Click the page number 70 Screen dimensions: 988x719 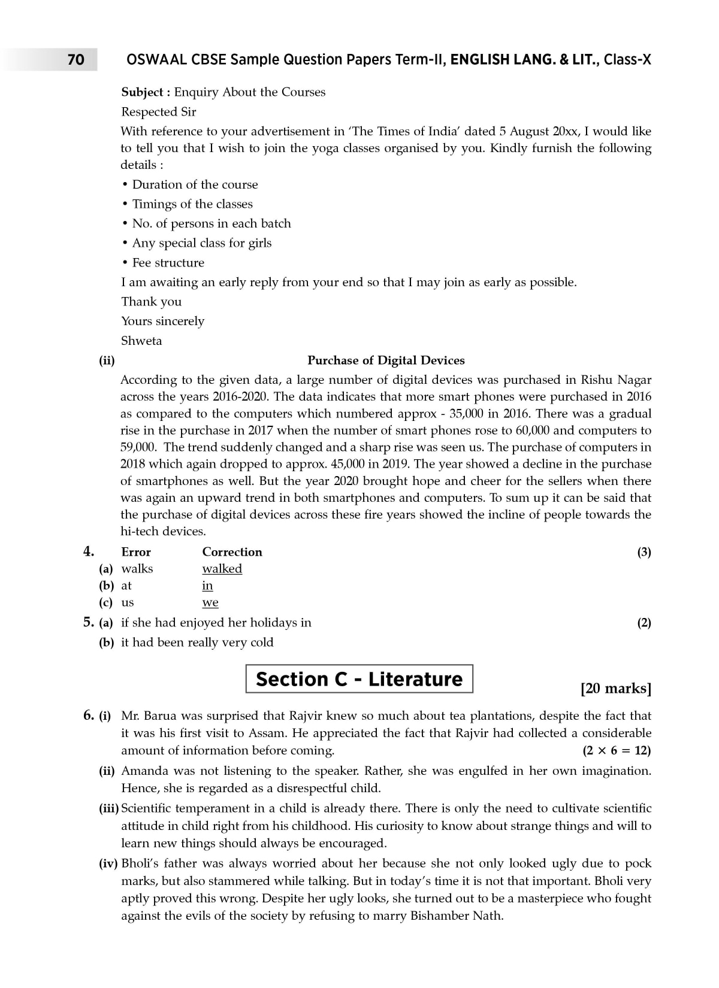pos(76,60)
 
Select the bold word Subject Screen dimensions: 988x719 pos(142,92)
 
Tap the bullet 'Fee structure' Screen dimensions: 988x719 pos(168,263)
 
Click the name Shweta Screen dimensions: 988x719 pos(141,341)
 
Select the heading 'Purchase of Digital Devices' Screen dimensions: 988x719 pos(386,360)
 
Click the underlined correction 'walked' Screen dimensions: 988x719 pos(222,569)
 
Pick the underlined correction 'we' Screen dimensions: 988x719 pos(210,602)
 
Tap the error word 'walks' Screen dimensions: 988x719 pos(137,569)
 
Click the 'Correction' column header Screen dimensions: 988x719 pos(232,552)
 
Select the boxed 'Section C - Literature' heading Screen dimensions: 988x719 pos(359,679)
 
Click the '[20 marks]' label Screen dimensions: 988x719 pos(616,689)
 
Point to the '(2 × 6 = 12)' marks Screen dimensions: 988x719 pos(617,750)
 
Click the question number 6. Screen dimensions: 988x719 pos(88,716)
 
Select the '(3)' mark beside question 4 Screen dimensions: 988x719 pos(644,552)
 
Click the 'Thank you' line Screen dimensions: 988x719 pos(151,302)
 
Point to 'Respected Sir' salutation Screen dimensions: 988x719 pos(158,112)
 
